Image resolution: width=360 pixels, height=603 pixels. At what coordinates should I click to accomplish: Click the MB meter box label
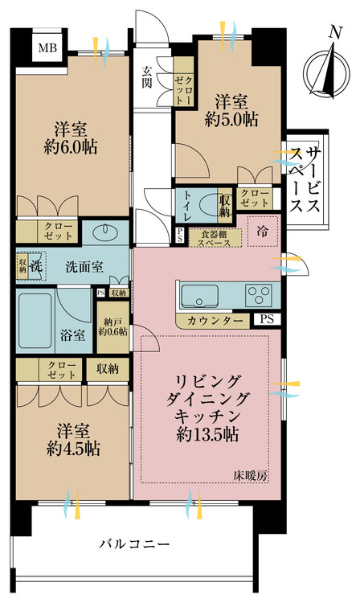[48, 48]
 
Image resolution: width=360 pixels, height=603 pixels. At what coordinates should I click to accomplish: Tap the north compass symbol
[326, 71]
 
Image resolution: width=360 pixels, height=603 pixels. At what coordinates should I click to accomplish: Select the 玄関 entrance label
[146, 77]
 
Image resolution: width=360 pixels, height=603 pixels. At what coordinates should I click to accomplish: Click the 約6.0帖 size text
[71, 146]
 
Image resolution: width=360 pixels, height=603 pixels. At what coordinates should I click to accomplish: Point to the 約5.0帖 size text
[231, 120]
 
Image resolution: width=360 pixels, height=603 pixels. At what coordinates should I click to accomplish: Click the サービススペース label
[305, 180]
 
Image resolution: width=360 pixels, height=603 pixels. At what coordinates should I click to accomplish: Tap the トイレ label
[187, 207]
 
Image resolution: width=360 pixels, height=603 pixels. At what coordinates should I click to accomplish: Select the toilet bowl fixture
[210, 205]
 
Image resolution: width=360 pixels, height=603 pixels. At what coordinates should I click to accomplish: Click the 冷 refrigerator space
[263, 232]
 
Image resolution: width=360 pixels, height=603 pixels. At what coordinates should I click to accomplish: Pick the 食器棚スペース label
[215, 239]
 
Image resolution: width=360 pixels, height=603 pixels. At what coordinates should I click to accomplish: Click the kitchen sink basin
[200, 296]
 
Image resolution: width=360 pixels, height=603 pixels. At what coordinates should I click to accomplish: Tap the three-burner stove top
[259, 296]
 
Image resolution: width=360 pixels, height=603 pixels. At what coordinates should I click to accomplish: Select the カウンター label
[215, 321]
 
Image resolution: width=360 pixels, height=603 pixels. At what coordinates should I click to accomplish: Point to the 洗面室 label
[84, 267]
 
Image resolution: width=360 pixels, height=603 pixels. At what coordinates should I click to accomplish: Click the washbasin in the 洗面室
[104, 231]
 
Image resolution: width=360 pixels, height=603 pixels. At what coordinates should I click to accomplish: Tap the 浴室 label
[72, 336]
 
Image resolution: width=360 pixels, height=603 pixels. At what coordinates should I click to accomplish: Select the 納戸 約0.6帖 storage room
[113, 327]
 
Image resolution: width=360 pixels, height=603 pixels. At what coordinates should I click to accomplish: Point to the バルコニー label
[134, 544]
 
